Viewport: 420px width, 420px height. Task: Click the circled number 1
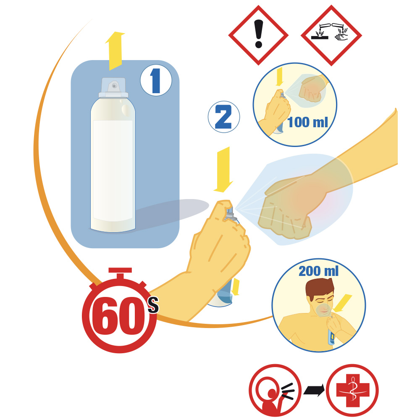pyautogui.click(x=156, y=80)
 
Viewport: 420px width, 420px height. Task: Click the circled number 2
pyautogui.click(x=224, y=117)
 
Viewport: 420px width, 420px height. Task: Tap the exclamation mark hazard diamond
pyautogui.click(x=258, y=35)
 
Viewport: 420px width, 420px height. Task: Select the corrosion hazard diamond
pyautogui.click(x=331, y=35)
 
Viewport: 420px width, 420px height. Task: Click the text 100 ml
pyautogui.click(x=307, y=122)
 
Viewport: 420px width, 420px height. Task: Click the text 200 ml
pyautogui.click(x=318, y=271)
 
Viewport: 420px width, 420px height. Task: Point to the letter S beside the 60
pyautogui.click(x=153, y=305)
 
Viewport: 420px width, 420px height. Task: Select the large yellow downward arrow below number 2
pyautogui.click(x=223, y=170)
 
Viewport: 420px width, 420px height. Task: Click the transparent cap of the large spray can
pyautogui.click(x=113, y=88)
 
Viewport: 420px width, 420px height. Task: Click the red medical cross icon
pyautogui.click(x=352, y=390)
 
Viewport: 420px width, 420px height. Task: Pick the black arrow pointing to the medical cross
pyautogui.click(x=314, y=390)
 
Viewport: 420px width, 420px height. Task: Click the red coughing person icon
pyautogui.click(x=275, y=390)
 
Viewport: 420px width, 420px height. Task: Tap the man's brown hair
pyautogui.click(x=320, y=289)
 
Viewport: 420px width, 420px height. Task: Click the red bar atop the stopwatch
pyautogui.click(x=120, y=270)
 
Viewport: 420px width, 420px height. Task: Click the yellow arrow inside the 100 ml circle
pyautogui.click(x=279, y=76)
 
